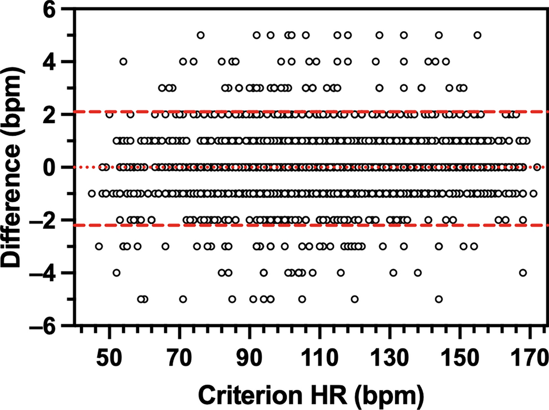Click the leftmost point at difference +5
(x=200, y=35)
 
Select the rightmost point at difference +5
(x=477, y=35)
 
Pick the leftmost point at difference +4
(x=123, y=61)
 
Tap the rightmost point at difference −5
(x=439, y=299)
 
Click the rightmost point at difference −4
(x=523, y=273)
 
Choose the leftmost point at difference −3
(x=99, y=246)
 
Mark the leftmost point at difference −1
(x=92, y=194)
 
